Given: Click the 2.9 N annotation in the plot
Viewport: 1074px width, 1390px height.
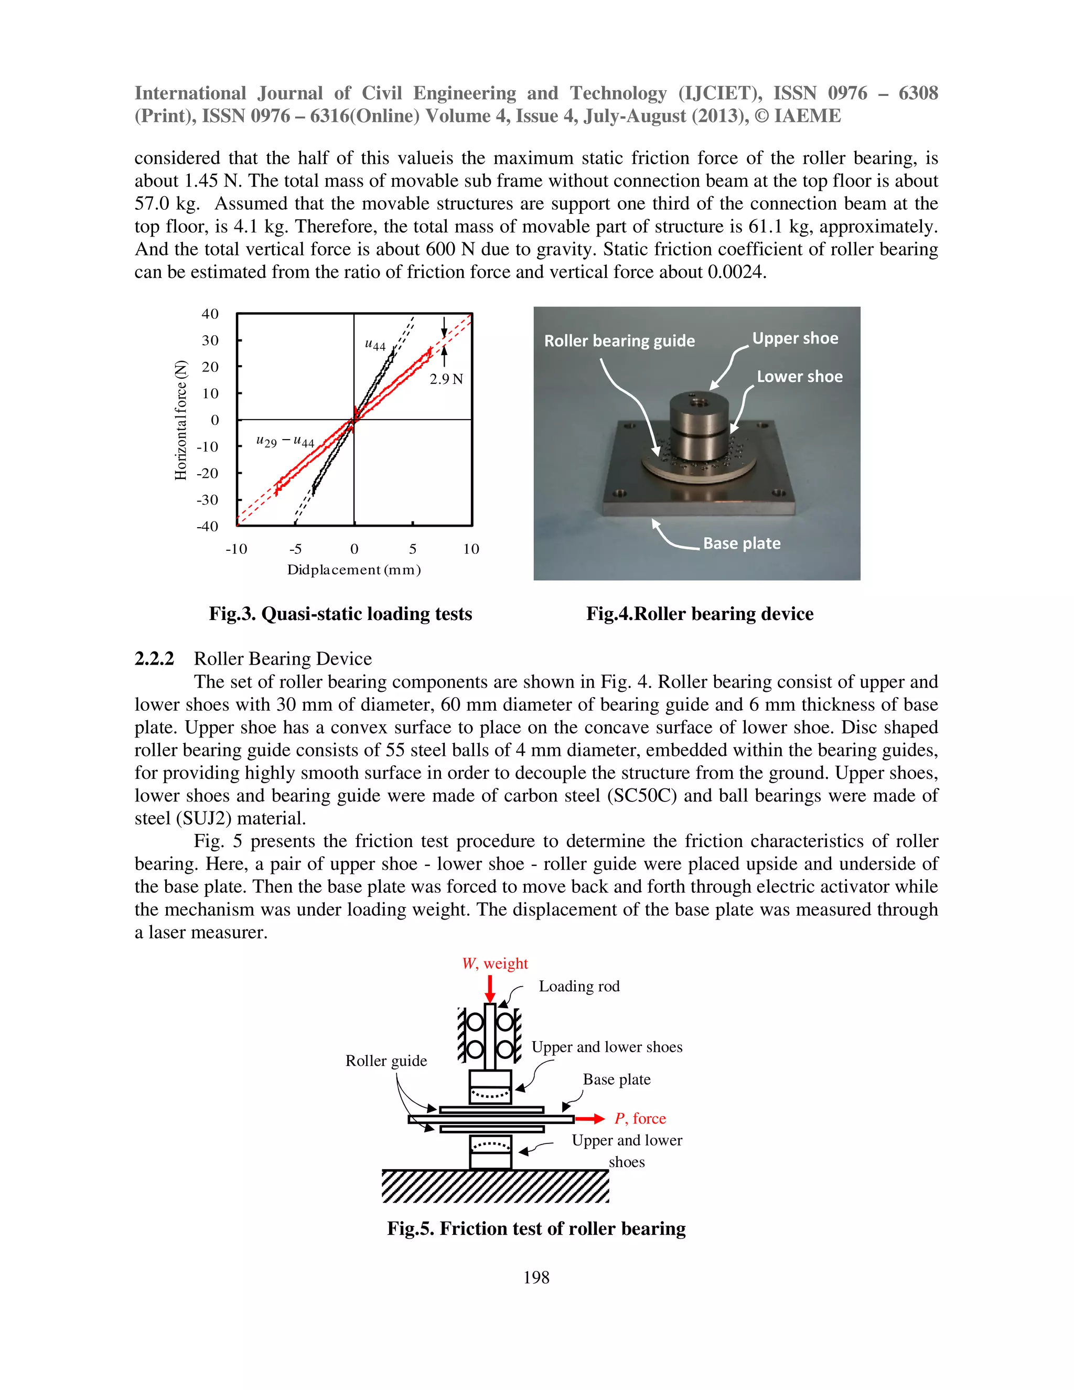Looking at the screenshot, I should click(446, 379).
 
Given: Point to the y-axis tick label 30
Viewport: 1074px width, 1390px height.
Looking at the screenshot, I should click(210, 340).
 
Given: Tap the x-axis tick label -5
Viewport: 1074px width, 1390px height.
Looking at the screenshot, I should click(295, 549).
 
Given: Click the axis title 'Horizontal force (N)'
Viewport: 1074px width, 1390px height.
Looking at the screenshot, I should click(181, 420).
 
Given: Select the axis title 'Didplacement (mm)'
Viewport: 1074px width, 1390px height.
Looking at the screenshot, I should click(354, 570).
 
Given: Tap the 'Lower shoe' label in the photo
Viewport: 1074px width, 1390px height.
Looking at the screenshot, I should click(799, 376).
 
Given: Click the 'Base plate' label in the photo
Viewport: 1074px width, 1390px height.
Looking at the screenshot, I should click(741, 543).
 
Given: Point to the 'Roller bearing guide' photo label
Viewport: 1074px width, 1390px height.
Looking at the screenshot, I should click(619, 340).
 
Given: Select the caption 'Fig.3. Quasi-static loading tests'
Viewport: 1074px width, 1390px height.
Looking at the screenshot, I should click(340, 614).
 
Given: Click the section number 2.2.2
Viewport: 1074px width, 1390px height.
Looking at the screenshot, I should click(154, 659).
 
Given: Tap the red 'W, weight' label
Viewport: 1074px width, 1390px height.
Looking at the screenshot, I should click(495, 963).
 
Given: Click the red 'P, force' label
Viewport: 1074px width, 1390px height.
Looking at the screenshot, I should click(640, 1118).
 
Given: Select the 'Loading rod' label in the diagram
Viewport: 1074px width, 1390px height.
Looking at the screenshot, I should click(579, 986).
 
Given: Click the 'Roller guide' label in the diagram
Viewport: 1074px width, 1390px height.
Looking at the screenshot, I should click(386, 1060).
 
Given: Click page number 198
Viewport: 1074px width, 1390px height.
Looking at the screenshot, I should click(536, 1277).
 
